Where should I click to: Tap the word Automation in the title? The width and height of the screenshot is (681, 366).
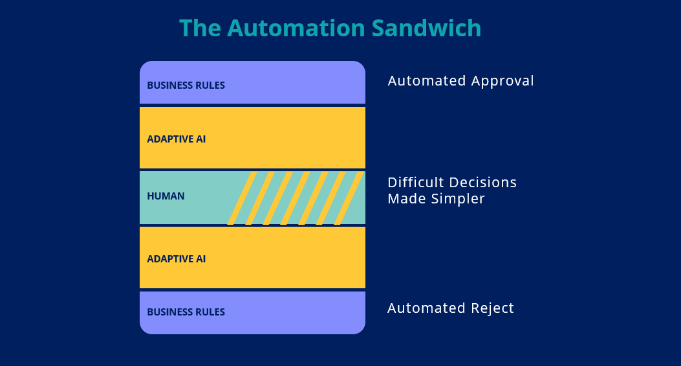pyautogui.click(x=296, y=29)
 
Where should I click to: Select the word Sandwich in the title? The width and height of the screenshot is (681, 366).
pyautogui.click(x=426, y=29)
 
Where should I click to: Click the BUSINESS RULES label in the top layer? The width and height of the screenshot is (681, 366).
pyautogui.click(x=186, y=86)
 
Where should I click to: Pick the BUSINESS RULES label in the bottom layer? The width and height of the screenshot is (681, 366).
pyautogui.click(x=186, y=312)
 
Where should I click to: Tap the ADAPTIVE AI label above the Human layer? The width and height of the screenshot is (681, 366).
pyautogui.click(x=177, y=139)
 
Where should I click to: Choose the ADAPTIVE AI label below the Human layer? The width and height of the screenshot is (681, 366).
pyautogui.click(x=177, y=259)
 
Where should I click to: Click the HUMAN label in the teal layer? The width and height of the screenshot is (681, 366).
pyautogui.click(x=166, y=196)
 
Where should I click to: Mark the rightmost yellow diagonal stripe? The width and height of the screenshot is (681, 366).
pyautogui.click(x=349, y=198)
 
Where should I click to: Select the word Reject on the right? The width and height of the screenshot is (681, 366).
pyautogui.click(x=493, y=308)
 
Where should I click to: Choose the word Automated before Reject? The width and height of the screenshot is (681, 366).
pyautogui.click(x=427, y=308)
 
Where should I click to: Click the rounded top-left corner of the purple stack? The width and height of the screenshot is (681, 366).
pyautogui.click(x=145, y=66)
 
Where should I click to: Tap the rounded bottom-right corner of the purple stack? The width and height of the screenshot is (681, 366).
pyautogui.click(x=360, y=329)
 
